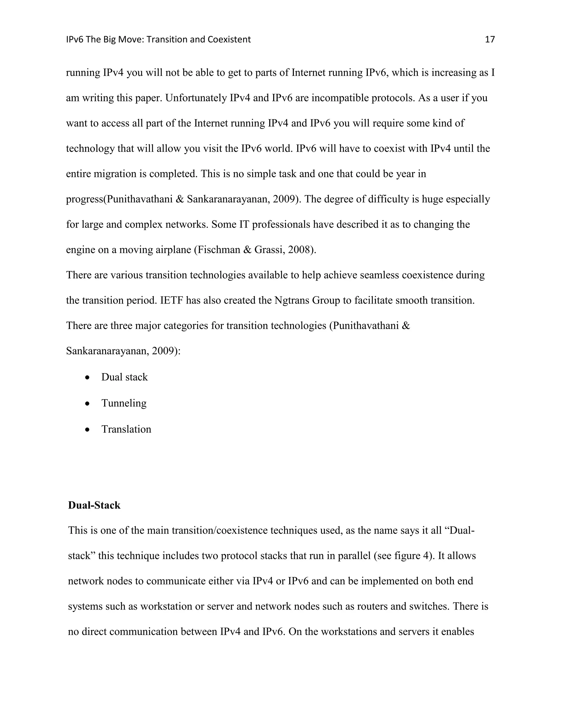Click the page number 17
tap(490, 39)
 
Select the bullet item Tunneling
tap(124, 403)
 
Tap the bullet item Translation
tap(126, 429)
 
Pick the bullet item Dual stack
tap(124, 377)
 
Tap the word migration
tap(113, 174)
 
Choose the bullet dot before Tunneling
tap(87, 404)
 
